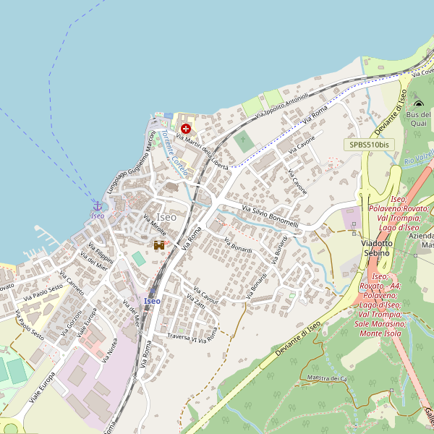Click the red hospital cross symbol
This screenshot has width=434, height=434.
[x=186, y=128]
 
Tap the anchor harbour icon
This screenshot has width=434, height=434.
[x=98, y=205]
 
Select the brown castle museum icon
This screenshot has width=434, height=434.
[x=159, y=245]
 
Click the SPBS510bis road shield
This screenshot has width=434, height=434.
[x=370, y=145]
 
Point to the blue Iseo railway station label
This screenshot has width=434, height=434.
[x=152, y=300]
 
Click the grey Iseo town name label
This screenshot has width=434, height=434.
[x=166, y=217]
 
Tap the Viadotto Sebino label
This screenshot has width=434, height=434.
[x=376, y=248]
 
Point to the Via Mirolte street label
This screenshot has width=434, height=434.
[x=155, y=226]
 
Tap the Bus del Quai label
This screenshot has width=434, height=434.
[x=418, y=119]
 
